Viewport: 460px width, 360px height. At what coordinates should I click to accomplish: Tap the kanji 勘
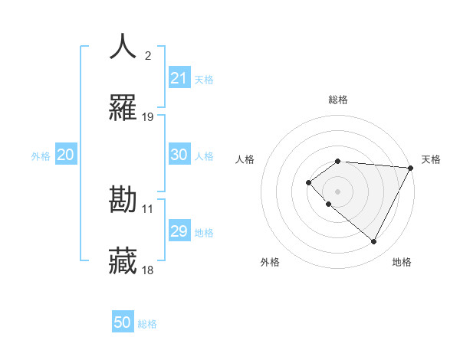tap(123, 201)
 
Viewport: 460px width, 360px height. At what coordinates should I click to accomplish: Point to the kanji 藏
tap(123, 260)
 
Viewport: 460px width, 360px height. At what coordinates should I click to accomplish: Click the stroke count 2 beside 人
tap(148, 55)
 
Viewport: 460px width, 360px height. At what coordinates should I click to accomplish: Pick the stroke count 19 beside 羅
tap(148, 117)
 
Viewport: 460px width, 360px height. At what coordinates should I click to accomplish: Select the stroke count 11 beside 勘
tap(148, 208)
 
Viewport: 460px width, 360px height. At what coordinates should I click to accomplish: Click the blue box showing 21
tap(179, 78)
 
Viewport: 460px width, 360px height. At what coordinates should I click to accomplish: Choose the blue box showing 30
tap(179, 155)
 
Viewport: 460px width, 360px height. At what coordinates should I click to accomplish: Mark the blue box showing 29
tap(179, 231)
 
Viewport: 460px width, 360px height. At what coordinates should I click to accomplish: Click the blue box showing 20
tap(66, 155)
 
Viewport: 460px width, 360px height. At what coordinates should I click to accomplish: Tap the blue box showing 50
tap(123, 322)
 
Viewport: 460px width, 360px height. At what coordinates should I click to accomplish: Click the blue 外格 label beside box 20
tap(41, 155)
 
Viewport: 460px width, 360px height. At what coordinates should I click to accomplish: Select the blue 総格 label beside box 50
tap(147, 324)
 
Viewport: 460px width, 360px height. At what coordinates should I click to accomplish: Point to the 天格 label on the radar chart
tap(432, 159)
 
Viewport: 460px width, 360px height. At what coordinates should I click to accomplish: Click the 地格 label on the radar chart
tap(402, 262)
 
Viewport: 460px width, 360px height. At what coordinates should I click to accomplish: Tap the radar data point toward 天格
tap(410, 167)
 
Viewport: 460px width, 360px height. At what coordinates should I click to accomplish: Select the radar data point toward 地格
tap(374, 241)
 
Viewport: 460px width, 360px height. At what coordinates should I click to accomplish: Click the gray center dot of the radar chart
tap(337, 191)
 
